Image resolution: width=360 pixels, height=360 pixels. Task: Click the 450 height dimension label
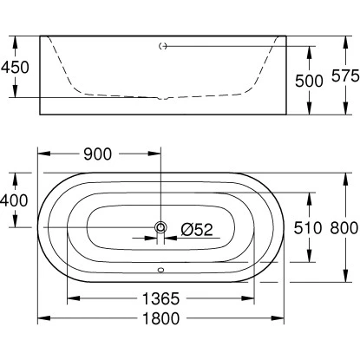(18, 67)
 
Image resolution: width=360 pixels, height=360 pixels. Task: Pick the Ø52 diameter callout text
(197, 229)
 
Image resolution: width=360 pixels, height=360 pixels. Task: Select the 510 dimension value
(285, 229)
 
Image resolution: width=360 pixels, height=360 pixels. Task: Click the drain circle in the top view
(160, 228)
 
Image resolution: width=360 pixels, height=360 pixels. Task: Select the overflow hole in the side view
(161, 46)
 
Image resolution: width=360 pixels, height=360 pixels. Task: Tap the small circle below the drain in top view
(160, 268)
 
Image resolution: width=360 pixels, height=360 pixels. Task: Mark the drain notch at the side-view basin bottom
(161, 98)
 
